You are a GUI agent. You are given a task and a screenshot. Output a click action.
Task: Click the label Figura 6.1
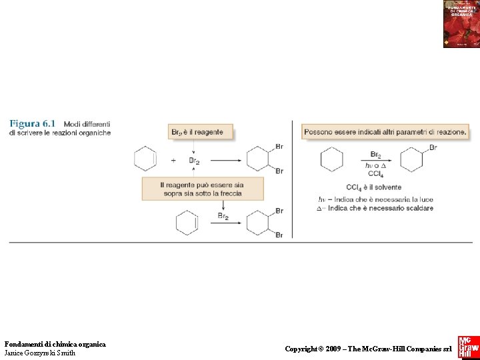pos(33,123)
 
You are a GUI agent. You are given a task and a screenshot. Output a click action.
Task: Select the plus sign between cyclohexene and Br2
pos(173,160)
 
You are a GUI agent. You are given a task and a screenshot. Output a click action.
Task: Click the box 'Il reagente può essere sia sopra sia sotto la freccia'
pos(202,189)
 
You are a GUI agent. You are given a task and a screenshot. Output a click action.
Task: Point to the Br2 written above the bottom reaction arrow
pos(223,216)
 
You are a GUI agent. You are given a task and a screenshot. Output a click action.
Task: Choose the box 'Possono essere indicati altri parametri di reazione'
pos(385,132)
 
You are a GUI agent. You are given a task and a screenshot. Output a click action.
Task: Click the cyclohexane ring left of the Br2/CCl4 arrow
pos(331,160)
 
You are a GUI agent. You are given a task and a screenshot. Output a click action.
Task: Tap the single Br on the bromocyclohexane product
pos(433,147)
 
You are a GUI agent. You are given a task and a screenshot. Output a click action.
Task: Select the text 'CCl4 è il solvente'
pos(373,187)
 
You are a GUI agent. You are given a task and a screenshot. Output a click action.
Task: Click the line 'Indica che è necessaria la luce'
pos(381,199)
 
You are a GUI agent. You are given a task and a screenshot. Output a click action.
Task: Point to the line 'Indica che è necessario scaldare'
pos(380,208)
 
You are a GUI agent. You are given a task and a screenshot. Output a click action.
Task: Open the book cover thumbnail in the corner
pos(461,24)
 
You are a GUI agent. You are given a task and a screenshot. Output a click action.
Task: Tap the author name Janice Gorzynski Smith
pos(40,353)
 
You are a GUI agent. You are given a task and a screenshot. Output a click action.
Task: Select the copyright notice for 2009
pos(368,349)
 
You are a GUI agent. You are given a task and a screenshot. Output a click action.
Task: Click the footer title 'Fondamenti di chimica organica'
pos(55,344)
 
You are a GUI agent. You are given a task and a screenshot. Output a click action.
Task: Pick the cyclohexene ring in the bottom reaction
pos(187,223)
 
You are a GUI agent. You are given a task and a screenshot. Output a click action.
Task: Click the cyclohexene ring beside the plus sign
pos(145,160)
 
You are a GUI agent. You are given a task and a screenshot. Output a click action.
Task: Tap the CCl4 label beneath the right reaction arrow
pos(375,174)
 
